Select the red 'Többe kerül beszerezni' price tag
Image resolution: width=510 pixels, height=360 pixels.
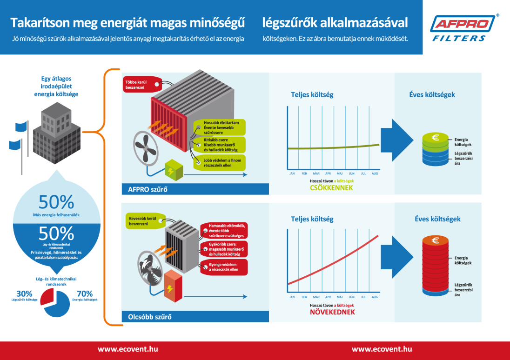tap(139, 85)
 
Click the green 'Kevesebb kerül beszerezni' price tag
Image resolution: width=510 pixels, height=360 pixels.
tap(143, 220)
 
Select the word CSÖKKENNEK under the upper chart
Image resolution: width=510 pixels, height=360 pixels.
tap(331, 188)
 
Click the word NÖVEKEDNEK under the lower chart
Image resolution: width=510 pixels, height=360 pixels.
tap(332, 312)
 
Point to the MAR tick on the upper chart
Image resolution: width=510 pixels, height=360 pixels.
tap(316, 173)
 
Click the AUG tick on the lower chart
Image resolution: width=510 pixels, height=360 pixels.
tap(375, 297)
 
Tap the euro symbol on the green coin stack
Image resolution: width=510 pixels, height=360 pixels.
tap(436, 138)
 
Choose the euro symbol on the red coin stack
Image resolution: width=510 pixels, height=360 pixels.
tap(436, 240)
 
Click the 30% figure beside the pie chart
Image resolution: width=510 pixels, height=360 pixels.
tap(24, 293)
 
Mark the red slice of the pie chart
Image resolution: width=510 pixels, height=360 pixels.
tap(48, 296)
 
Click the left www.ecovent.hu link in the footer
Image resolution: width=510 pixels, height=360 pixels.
tap(127, 349)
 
